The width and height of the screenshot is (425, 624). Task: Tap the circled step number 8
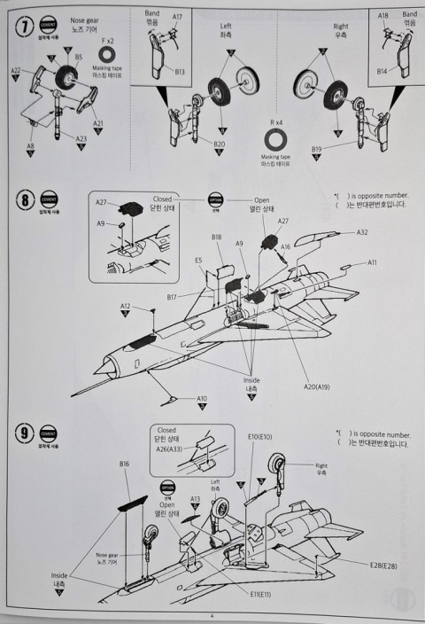click(x=23, y=200)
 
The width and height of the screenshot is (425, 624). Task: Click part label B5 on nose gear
click(x=79, y=57)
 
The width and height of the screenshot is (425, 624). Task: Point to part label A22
click(x=16, y=70)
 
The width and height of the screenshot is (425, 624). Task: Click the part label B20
click(x=219, y=143)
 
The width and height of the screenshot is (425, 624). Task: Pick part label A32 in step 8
click(x=362, y=232)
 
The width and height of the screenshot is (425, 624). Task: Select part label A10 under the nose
click(x=201, y=399)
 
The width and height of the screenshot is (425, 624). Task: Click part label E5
click(x=199, y=261)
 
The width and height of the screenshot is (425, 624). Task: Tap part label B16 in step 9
click(x=124, y=464)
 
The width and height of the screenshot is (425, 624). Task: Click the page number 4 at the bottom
click(x=212, y=616)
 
